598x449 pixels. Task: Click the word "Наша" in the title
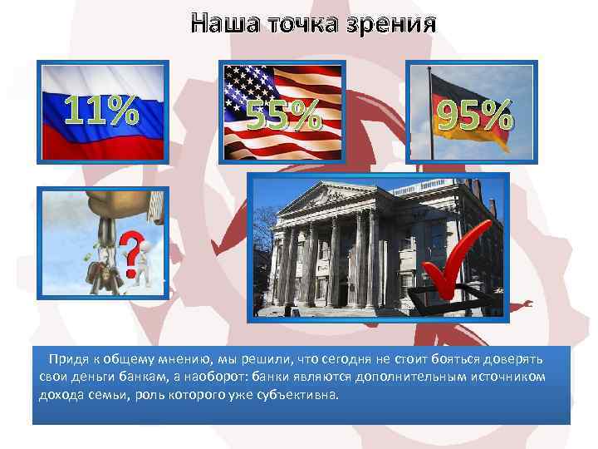pos(222,22)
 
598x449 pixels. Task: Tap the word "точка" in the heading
pos(300,22)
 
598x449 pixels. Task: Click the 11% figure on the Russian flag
pos(101,111)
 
